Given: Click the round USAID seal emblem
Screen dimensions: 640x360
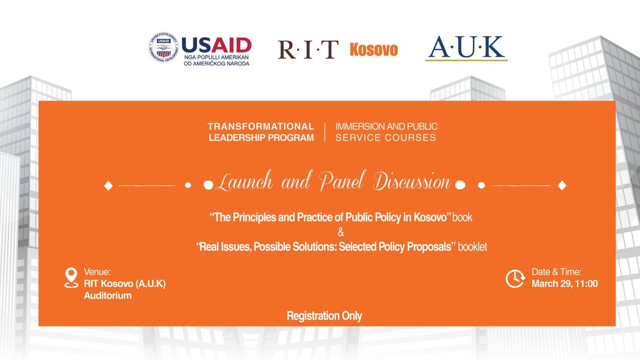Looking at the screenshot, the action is tap(163, 47).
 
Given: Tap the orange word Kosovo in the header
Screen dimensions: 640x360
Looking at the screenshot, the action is tap(374, 50).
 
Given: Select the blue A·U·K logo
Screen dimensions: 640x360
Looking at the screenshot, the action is tap(466, 48).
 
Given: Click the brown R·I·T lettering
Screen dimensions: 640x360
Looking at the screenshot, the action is tap(308, 49).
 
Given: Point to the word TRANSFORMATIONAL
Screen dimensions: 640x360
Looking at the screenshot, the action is tap(261, 127).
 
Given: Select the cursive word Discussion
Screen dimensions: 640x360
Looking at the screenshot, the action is tap(412, 182).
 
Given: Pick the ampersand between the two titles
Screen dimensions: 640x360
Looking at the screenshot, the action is tap(341, 232).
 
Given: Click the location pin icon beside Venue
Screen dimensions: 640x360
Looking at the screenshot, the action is tap(71, 278).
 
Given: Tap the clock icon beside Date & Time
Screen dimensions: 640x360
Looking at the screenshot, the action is tap(515, 279).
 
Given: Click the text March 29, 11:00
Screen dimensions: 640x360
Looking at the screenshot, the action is tap(564, 284).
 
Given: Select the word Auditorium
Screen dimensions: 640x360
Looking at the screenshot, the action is tap(108, 295).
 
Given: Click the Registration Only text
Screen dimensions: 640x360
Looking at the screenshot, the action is tap(324, 316).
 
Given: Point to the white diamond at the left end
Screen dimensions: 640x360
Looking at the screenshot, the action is tap(108, 186).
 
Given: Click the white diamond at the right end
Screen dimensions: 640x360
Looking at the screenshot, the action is tap(562, 185).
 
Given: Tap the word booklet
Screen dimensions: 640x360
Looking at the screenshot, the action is tap(472, 246).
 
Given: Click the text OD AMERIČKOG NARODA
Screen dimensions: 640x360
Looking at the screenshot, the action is tap(216, 63).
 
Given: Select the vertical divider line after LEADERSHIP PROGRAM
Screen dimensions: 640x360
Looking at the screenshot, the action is tap(325, 132).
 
